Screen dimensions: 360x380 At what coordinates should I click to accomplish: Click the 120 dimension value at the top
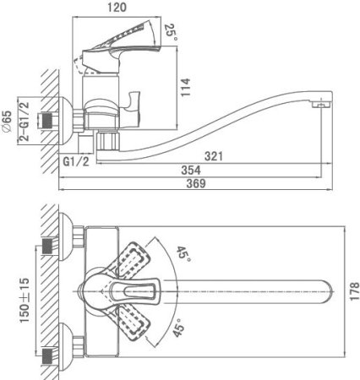click(x=117, y=7)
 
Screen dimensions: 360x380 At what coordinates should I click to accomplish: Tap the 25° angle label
click(x=171, y=32)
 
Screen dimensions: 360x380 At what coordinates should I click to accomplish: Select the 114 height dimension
click(x=185, y=88)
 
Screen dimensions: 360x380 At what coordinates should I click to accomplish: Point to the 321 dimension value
click(x=214, y=156)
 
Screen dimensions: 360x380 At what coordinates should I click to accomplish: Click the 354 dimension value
click(x=191, y=170)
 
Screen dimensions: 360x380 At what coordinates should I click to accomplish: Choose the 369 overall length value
click(x=196, y=183)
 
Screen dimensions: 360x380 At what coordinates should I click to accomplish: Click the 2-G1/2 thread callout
click(x=25, y=122)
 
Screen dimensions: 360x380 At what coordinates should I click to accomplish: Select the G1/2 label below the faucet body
click(x=76, y=161)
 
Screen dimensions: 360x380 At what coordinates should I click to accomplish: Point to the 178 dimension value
click(x=354, y=291)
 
